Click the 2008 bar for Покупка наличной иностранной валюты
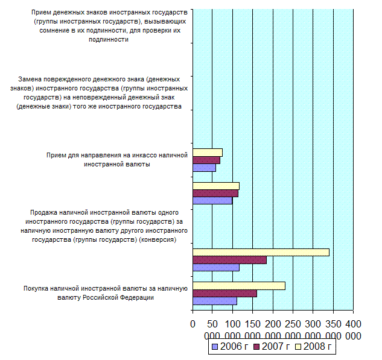click(238, 286)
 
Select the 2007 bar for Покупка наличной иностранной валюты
click(224, 294)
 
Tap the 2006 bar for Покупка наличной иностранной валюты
click(214, 301)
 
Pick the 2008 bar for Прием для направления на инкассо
click(208, 153)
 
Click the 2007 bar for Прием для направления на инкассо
click(206, 160)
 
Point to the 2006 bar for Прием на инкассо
click(204, 168)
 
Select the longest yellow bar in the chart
click(261, 252)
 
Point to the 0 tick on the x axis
click(193, 324)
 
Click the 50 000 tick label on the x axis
click(212, 329)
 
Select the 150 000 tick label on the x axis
click(253, 329)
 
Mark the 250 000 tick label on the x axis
click(293, 329)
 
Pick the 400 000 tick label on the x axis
click(352, 329)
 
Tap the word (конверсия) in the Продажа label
click(158, 239)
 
